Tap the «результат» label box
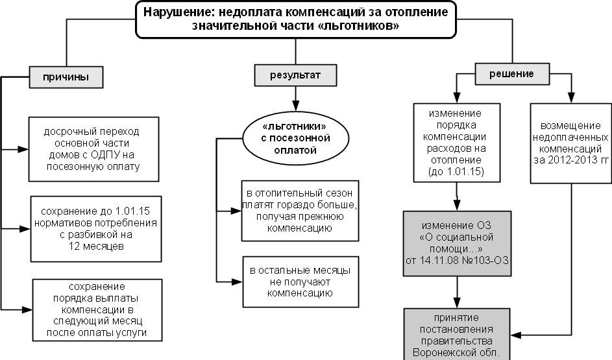295,76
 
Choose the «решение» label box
511,74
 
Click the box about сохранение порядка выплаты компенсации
97,309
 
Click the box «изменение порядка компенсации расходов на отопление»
458,143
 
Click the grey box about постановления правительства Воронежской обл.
458,335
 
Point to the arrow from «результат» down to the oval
295,101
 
